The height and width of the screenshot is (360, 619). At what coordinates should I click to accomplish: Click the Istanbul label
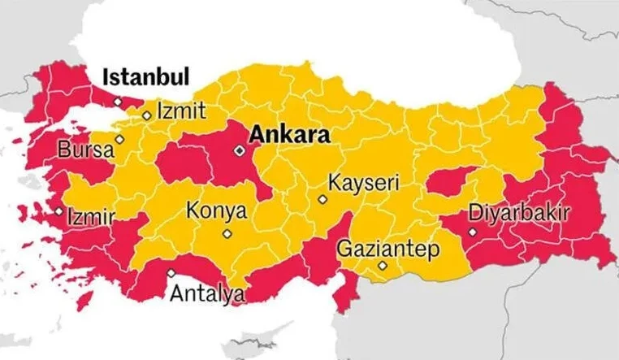click(145, 78)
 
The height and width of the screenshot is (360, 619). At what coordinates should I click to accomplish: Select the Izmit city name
click(181, 111)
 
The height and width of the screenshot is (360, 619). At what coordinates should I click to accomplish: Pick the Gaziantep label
click(387, 246)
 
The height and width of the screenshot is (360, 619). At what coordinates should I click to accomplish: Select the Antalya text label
click(206, 293)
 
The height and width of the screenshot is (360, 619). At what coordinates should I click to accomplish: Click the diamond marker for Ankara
click(239, 150)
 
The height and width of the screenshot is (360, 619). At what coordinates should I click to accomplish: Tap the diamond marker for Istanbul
click(118, 102)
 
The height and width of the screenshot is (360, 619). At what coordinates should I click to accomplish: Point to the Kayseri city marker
click(322, 198)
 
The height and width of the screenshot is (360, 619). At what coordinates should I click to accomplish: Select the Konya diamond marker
click(227, 234)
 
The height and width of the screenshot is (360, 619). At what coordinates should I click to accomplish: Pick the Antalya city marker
click(171, 273)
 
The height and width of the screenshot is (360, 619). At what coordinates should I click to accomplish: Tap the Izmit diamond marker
click(147, 115)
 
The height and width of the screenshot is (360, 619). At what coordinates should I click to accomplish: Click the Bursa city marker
click(119, 139)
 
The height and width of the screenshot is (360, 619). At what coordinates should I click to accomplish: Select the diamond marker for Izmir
click(59, 212)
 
